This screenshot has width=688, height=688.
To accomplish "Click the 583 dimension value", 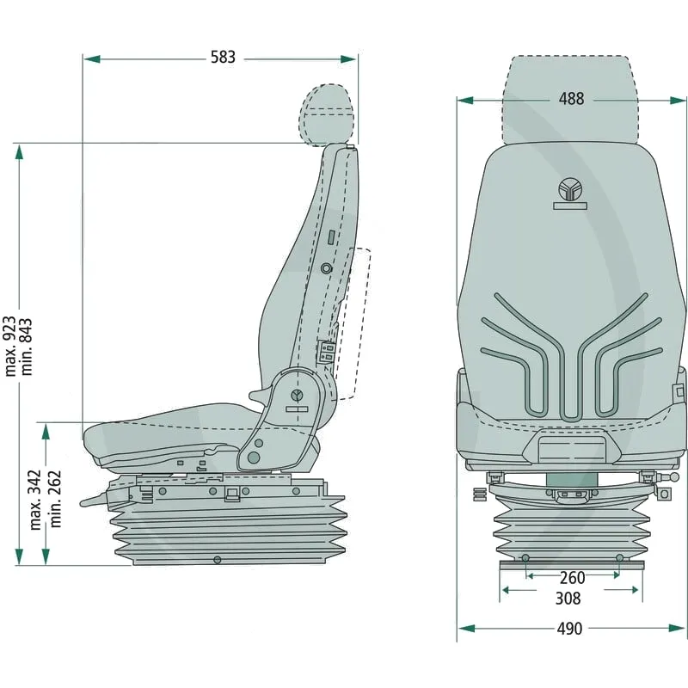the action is pyautogui.click(x=223, y=57).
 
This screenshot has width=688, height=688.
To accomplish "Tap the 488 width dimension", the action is pyautogui.click(x=571, y=99).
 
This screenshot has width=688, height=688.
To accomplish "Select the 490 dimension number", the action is pyautogui.click(x=569, y=629).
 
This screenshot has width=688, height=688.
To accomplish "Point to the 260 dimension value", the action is pyautogui.click(x=572, y=578).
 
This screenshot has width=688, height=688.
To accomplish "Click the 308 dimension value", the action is pyautogui.click(x=568, y=599).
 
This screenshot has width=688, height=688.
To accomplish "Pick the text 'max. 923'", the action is pyautogui.click(x=9, y=347).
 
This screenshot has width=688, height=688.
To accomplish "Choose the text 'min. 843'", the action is pyautogui.click(x=27, y=347).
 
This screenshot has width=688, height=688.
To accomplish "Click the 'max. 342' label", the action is pyautogui.click(x=35, y=500).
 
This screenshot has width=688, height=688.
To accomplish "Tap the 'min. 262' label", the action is pyautogui.click(x=54, y=499).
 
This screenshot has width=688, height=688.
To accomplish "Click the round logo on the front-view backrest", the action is pyautogui.click(x=569, y=189).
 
